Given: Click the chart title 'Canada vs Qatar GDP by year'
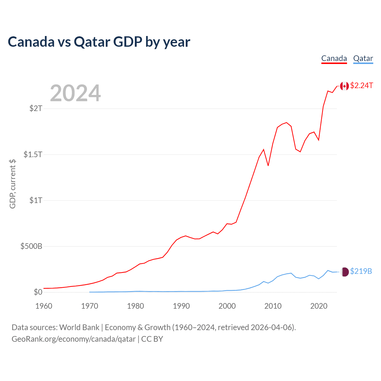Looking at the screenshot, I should click(99, 42).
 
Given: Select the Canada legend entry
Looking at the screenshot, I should click(334, 58).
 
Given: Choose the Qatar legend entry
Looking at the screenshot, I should click(363, 58).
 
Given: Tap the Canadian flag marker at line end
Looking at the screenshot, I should click(344, 86).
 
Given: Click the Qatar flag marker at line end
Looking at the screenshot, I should click(344, 271).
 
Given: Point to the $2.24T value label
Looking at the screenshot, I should click(361, 86).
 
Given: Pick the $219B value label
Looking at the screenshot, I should click(361, 271).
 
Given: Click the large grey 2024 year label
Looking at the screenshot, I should click(75, 93).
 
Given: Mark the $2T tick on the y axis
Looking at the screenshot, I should click(36, 108).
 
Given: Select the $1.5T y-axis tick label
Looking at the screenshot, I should click(33, 154).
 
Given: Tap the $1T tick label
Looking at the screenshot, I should click(36, 200).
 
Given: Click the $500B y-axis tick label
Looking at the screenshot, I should click(31, 246).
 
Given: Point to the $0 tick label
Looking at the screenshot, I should click(38, 292).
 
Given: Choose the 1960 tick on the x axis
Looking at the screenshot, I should click(44, 306).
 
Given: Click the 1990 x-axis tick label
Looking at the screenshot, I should click(181, 306).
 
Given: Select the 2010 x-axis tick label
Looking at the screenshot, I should click(273, 306).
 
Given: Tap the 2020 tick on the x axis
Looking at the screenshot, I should click(319, 306).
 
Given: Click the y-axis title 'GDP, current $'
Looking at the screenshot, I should click(13, 184).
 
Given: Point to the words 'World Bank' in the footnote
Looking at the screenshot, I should click(79, 327).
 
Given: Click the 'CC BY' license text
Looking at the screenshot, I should click(152, 339).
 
